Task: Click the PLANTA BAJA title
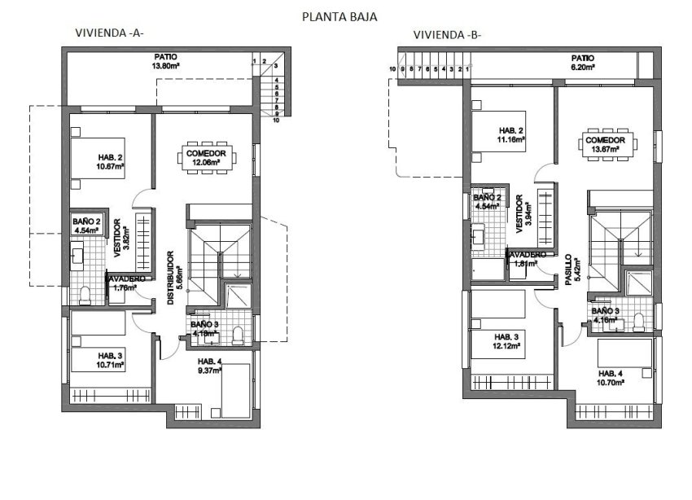click(339, 15)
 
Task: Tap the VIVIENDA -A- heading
click(109, 34)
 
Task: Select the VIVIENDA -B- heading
click(447, 35)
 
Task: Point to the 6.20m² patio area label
click(582, 63)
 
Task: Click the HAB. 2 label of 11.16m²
click(511, 135)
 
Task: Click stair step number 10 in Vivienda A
click(277, 120)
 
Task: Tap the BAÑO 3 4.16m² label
click(603, 315)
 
